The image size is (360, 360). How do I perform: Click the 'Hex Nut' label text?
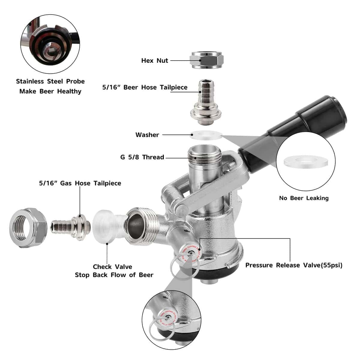[x=154, y=61]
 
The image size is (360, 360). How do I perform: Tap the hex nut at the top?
[x=207, y=60]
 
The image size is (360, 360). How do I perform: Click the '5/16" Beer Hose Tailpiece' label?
[x=145, y=87]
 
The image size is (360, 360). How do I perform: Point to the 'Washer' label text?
[x=147, y=135]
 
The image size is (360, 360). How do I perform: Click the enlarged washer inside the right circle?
[x=305, y=161]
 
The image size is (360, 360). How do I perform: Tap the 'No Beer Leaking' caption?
[x=304, y=198]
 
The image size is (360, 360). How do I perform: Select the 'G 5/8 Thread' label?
[x=142, y=157]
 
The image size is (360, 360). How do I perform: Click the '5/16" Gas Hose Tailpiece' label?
[x=80, y=183]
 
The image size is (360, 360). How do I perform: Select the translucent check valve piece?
[x=106, y=225]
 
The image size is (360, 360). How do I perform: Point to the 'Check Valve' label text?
[x=112, y=267]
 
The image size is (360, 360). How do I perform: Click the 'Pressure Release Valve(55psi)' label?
[x=294, y=265]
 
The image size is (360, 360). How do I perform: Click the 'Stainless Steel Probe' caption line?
[x=50, y=81]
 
